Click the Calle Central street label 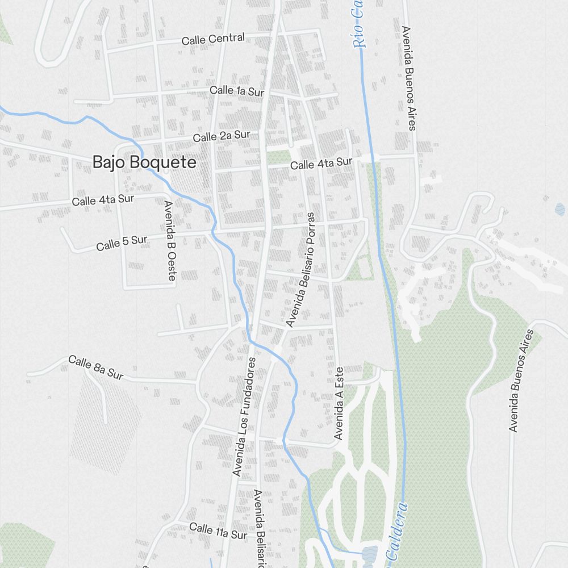click(213, 39)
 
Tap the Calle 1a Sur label click(237, 90)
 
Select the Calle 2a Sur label click(222, 136)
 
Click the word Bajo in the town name click(109, 162)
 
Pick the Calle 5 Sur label click(122, 243)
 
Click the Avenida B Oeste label click(169, 241)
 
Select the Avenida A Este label click(339, 403)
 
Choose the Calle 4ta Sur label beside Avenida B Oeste click(103, 200)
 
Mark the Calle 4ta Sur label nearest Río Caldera click(321, 164)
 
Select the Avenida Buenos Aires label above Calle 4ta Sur click(408, 78)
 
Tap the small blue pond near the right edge click(560, 210)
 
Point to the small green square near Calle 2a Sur click(279, 157)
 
